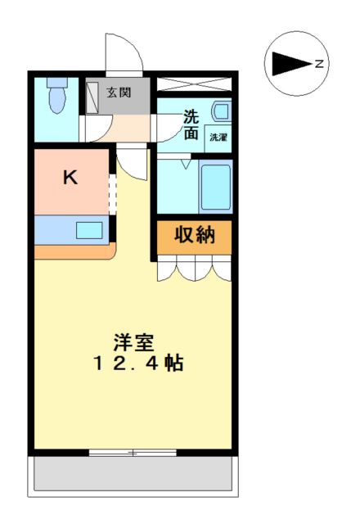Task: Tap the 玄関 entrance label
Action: click(119, 93)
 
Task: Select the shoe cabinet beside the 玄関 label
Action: click(92, 97)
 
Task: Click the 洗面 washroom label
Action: click(191, 124)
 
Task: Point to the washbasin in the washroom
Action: click(221, 111)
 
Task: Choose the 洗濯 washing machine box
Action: click(218, 138)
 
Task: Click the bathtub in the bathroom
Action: click(216, 187)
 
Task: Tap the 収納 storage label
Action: click(195, 235)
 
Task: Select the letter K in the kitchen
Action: click(70, 178)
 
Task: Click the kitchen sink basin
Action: click(89, 230)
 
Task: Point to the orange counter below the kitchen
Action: click(75, 251)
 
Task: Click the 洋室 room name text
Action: click(133, 342)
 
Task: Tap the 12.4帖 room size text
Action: click(138, 364)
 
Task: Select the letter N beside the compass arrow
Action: click(319, 64)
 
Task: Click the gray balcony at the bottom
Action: click(133, 473)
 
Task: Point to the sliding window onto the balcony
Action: click(133, 453)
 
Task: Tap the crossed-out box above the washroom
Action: click(194, 84)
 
